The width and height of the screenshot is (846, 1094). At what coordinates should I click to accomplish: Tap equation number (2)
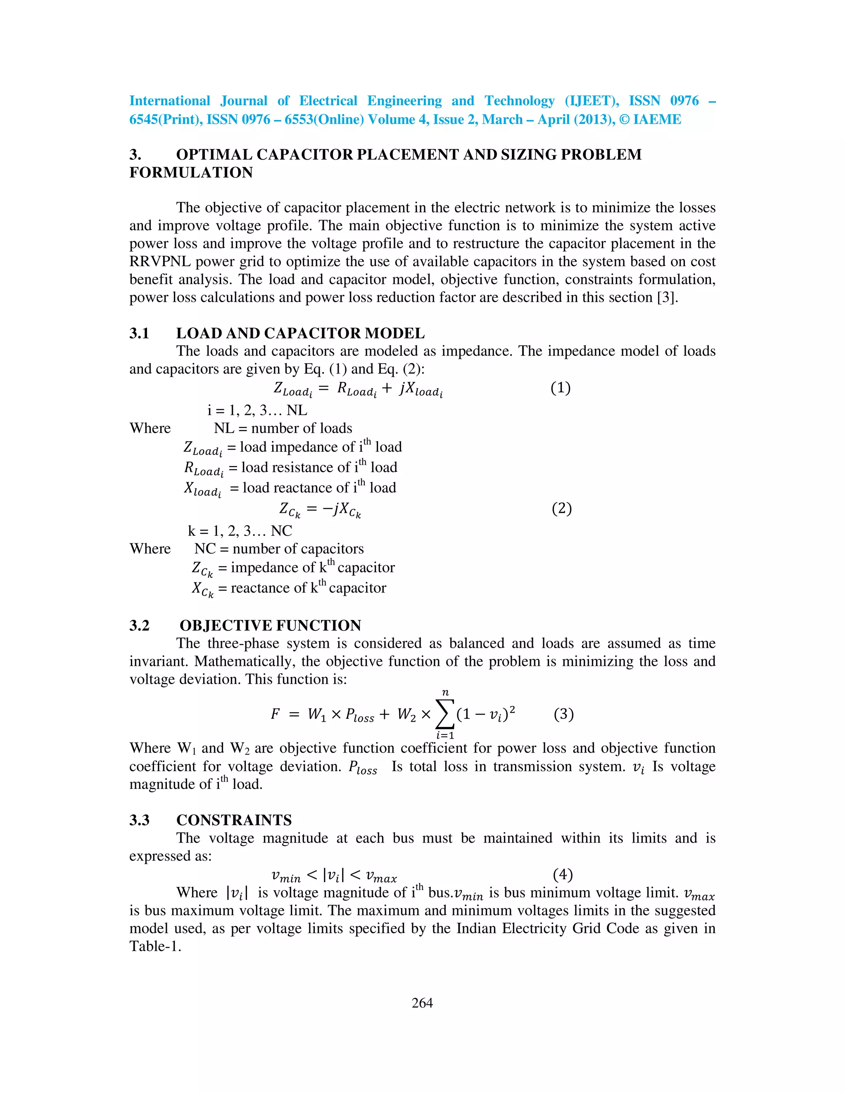561,509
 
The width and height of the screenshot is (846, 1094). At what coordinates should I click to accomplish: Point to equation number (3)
563,714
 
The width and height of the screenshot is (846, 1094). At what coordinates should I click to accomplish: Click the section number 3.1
139,333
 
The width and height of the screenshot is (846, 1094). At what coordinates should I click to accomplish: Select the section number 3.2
139,625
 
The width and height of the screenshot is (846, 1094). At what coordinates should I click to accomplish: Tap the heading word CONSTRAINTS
234,820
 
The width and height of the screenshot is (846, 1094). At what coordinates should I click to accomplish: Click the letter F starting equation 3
275,714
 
